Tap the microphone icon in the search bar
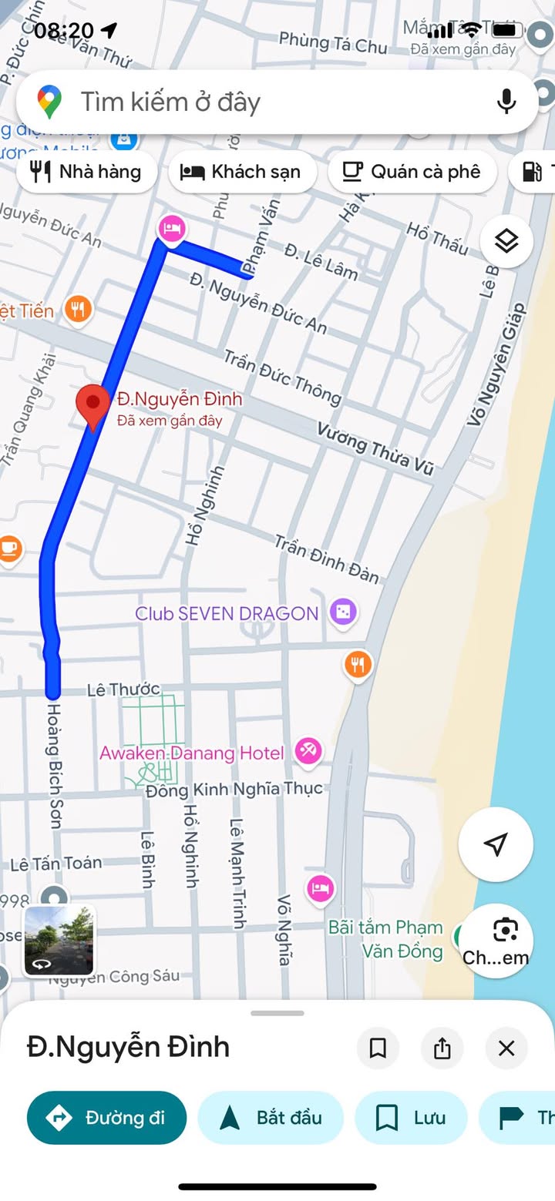tap(506, 102)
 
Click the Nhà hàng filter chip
tap(86, 171)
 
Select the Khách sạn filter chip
tap(241, 171)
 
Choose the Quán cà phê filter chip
tap(412, 171)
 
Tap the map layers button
tap(506, 241)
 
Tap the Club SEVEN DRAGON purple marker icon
tap(342, 612)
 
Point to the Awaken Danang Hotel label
tap(192, 753)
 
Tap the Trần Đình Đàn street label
tap(327, 559)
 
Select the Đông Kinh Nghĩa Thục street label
tap(234, 790)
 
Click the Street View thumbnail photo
tap(59, 941)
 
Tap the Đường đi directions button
tap(107, 1118)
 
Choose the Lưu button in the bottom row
tap(411, 1118)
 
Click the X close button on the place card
tap(506, 1048)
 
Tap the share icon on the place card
tap(442, 1048)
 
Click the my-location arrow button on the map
tap(496, 844)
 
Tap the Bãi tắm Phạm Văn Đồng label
tap(385, 939)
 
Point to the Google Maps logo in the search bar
tap(50, 102)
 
